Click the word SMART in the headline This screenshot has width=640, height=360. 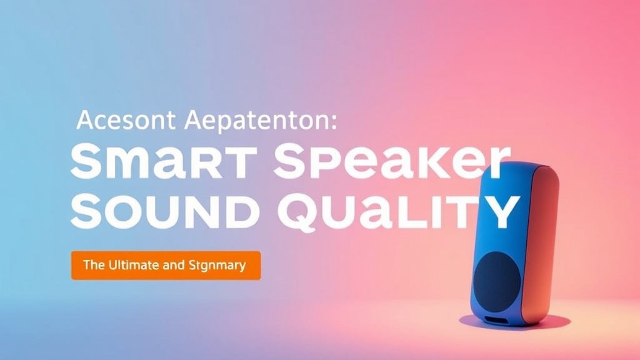tap(164, 164)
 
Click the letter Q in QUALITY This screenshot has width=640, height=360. tap(300, 212)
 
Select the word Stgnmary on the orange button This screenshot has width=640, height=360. tap(216, 266)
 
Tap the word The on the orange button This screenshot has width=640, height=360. tap(93, 265)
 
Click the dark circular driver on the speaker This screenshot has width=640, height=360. tap(496, 279)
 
